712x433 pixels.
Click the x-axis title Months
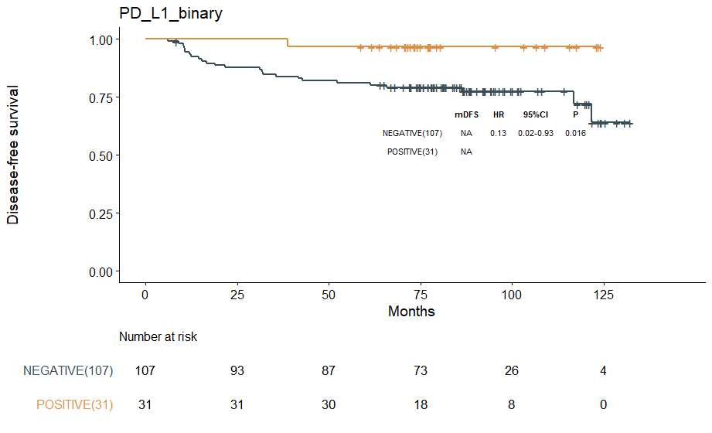411,312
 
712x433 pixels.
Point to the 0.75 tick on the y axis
103,97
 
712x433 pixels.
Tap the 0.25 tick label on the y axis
103,213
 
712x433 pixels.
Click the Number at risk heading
158,337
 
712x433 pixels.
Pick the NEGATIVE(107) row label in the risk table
68,371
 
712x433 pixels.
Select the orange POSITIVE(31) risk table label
74,405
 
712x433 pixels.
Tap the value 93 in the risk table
237,371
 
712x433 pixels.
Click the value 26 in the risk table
512,371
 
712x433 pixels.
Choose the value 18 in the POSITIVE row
420,405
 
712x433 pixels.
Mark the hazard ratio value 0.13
498,133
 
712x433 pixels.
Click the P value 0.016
575,133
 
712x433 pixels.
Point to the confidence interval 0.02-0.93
536,133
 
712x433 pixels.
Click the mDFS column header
466,114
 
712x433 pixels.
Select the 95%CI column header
536,114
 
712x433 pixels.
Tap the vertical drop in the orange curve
288,43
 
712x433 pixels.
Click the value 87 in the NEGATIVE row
329,371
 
